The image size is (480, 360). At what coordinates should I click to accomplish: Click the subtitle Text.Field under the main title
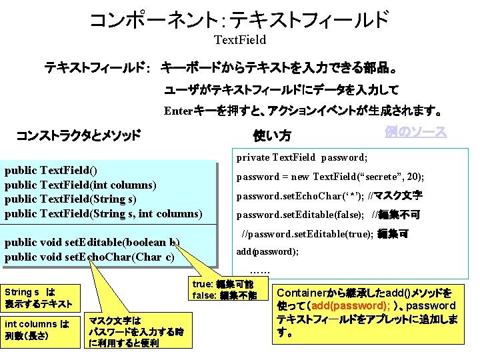pyautogui.click(x=239, y=40)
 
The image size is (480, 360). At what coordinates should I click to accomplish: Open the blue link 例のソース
pyautogui.click(x=415, y=131)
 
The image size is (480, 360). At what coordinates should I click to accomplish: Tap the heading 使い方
pyautogui.click(x=272, y=136)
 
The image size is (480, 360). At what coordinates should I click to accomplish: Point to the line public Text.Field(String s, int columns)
pyautogui.click(x=103, y=213)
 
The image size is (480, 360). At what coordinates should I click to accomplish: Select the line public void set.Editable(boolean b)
pyautogui.click(x=92, y=243)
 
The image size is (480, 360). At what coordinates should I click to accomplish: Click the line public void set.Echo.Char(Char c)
pyautogui.click(x=89, y=257)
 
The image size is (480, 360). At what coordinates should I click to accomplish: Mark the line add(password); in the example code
pyautogui.click(x=267, y=251)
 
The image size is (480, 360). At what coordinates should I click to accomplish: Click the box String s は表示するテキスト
pyautogui.click(x=39, y=298)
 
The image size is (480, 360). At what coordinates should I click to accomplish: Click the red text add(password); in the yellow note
pyautogui.click(x=348, y=305)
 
